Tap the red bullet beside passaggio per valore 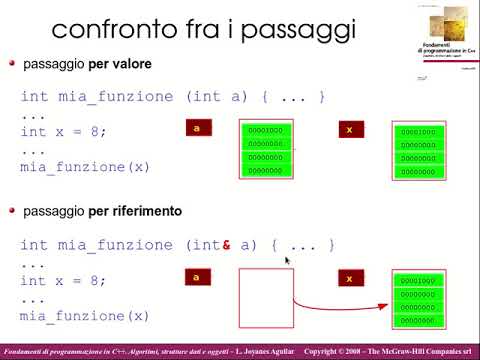(12, 63)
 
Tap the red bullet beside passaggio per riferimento (12, 211)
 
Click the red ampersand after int (228, 245)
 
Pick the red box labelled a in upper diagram (199, 128)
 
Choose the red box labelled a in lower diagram (199, 277)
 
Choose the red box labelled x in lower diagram (348, 278)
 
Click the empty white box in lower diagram (265, 298)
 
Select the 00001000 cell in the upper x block (417, 132)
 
